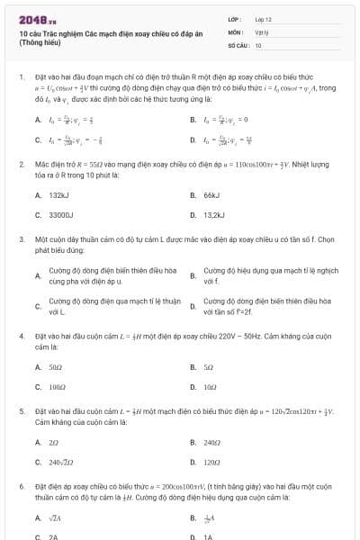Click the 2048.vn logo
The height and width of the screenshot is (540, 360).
point(38,19)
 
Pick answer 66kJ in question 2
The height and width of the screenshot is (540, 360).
point(212,194)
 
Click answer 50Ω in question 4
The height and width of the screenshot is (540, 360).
point(56,367)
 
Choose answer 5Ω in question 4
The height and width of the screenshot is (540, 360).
point(209,367)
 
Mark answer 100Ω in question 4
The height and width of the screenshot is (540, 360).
point(58,387)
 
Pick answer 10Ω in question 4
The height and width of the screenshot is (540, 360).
point(211,387)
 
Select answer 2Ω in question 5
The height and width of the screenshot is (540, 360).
point(54,442)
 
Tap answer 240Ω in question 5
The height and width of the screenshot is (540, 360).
point(212,442)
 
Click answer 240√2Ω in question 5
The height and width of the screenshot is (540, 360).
point(61,462)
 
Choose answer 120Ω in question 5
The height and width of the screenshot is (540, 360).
point(212,462)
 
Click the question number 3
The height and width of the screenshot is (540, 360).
point(21,240)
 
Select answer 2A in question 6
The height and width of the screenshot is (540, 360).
point(54,536)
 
